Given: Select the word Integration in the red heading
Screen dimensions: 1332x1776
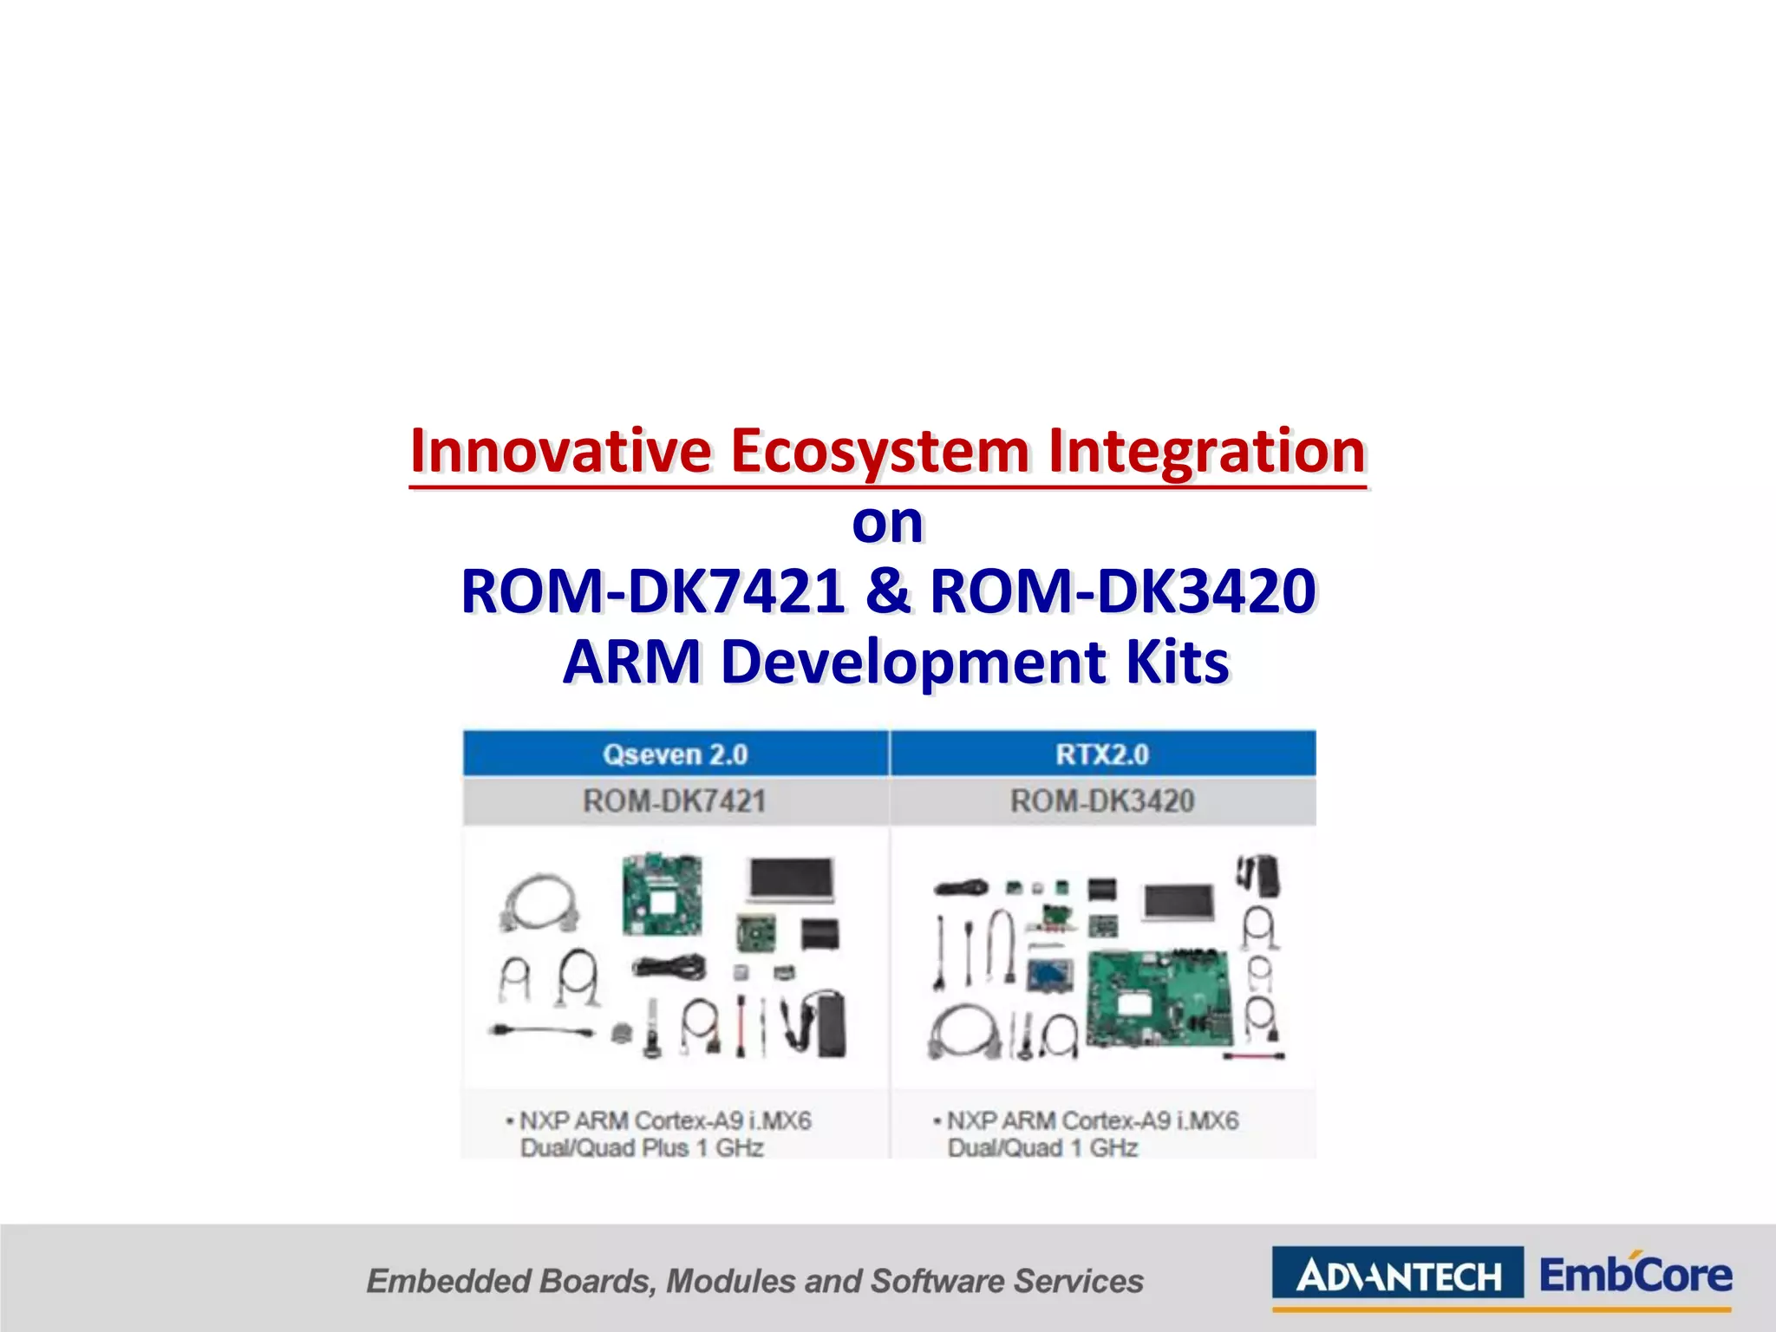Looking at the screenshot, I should [1207, 453].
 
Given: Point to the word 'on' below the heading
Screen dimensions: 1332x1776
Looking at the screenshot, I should [887, 523].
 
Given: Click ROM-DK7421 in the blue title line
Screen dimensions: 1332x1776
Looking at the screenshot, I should [652, 591].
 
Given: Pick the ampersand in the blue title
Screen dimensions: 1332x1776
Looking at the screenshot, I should [887, 591].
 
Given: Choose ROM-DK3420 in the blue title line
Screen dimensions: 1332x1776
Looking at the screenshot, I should [1123, 591].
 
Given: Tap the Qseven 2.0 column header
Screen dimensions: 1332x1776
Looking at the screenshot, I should [675, 754].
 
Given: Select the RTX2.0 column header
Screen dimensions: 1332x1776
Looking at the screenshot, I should [1102, 754].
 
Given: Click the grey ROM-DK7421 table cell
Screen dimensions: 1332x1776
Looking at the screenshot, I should [675, 800].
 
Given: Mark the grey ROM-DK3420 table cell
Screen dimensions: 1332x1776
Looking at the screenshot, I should [1102, 800].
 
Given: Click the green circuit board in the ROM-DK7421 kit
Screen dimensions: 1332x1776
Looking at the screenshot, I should [663, 894].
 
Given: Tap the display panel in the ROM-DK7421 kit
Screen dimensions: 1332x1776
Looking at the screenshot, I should [791, 879].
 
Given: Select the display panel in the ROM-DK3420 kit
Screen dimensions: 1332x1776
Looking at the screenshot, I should [1179, 903].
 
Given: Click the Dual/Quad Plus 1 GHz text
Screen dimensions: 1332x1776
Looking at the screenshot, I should [642, 1147].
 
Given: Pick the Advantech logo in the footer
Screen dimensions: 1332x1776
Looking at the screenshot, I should [1397, 1276].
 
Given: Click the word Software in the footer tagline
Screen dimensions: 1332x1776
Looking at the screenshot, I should [937, 1281].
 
